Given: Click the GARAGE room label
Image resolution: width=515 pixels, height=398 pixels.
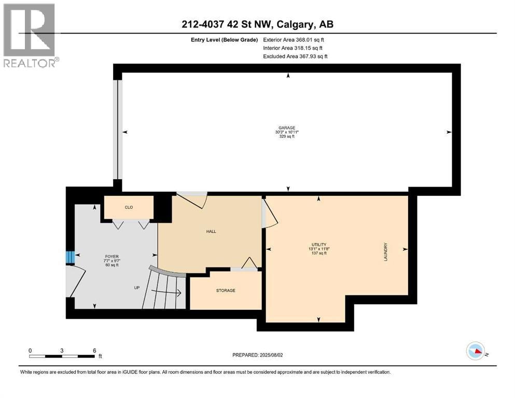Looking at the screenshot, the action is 287,128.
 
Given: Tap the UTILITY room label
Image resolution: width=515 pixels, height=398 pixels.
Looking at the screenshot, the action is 319,245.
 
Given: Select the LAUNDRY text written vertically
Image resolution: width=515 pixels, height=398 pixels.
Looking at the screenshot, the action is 385,252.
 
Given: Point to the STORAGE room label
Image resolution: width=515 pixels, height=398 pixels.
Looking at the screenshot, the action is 226,290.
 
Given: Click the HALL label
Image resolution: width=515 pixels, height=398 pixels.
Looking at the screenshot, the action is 211,231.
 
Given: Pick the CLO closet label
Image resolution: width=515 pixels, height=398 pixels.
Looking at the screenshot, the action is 129,207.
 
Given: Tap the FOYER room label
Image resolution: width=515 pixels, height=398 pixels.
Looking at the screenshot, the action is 112,257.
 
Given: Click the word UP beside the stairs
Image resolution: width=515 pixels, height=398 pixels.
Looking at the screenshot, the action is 137,288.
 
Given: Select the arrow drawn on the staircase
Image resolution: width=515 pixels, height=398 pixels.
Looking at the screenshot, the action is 166,292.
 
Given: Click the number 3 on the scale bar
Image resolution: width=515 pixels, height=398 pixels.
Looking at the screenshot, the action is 62,350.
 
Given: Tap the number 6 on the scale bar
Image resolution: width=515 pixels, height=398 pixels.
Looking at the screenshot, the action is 94,350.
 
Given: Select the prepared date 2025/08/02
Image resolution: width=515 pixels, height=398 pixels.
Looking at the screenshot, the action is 271,355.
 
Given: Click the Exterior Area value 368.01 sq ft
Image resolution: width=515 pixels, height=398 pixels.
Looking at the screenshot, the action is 310,40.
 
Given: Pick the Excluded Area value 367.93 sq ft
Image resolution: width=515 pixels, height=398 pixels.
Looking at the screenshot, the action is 314,56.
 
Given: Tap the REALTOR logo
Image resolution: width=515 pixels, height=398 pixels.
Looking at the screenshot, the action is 30,35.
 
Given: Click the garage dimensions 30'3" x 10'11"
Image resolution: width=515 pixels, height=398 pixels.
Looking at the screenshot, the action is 287,132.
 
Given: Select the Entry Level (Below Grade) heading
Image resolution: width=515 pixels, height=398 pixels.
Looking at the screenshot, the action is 225,40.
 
